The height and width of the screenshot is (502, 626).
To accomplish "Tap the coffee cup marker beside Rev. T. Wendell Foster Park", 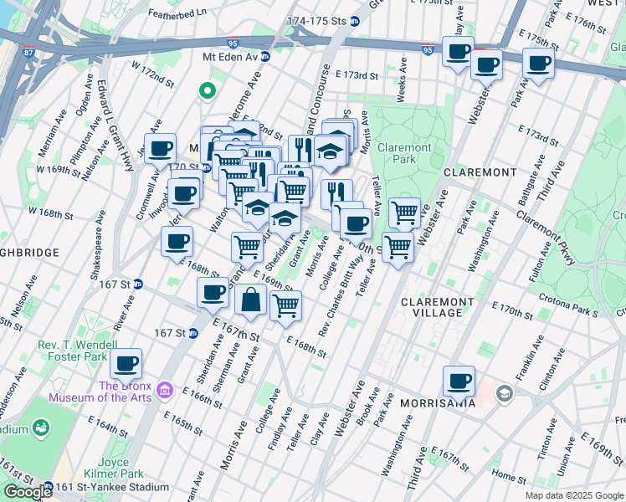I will [126, 364].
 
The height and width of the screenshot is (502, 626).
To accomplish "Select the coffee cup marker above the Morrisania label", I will [459, 382].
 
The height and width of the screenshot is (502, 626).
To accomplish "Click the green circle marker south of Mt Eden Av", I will [207, 90].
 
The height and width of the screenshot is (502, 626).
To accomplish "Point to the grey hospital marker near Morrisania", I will [504, 392].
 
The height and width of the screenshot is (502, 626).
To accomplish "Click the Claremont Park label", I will [405, 153].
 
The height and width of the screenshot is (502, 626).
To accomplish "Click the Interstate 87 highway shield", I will [29, 53].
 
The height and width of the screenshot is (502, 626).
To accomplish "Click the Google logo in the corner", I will [27, 492].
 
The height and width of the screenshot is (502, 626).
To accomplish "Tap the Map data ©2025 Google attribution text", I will [573, 495].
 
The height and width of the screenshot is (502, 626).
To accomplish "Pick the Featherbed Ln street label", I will [177, 14].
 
